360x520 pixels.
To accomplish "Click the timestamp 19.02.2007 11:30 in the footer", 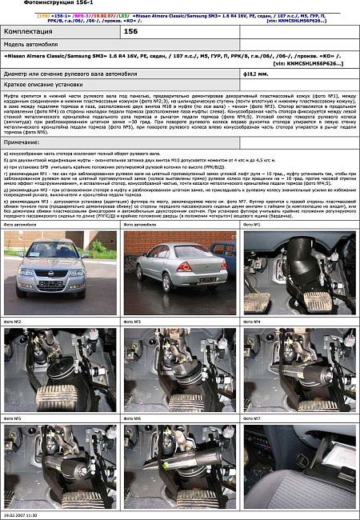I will click(20, 516).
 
